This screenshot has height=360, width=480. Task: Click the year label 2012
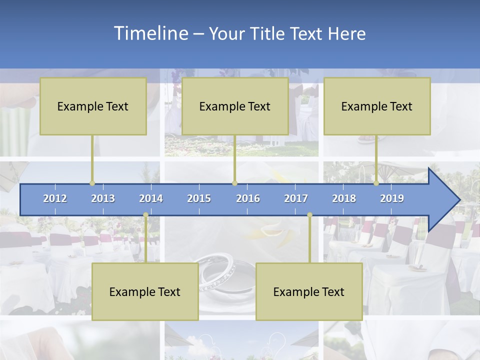55,198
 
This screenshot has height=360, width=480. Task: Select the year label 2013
103,198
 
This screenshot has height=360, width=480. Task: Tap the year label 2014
151,198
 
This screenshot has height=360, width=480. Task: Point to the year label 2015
199,198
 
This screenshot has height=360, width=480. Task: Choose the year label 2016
248,198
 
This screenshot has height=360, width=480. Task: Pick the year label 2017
296,198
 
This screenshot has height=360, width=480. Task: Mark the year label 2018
344,198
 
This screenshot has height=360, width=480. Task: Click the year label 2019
392,198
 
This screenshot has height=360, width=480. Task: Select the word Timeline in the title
150,33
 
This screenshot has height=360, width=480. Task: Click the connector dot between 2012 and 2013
92,183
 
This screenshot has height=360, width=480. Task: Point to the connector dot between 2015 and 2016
234,183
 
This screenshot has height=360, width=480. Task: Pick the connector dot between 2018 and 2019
376,183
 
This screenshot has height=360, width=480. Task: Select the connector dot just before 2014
145,215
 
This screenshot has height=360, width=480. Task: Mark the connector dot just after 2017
309,215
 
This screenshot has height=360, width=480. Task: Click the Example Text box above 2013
93,106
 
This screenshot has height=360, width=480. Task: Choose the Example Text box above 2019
377,106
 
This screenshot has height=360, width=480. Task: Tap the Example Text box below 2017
309,291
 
